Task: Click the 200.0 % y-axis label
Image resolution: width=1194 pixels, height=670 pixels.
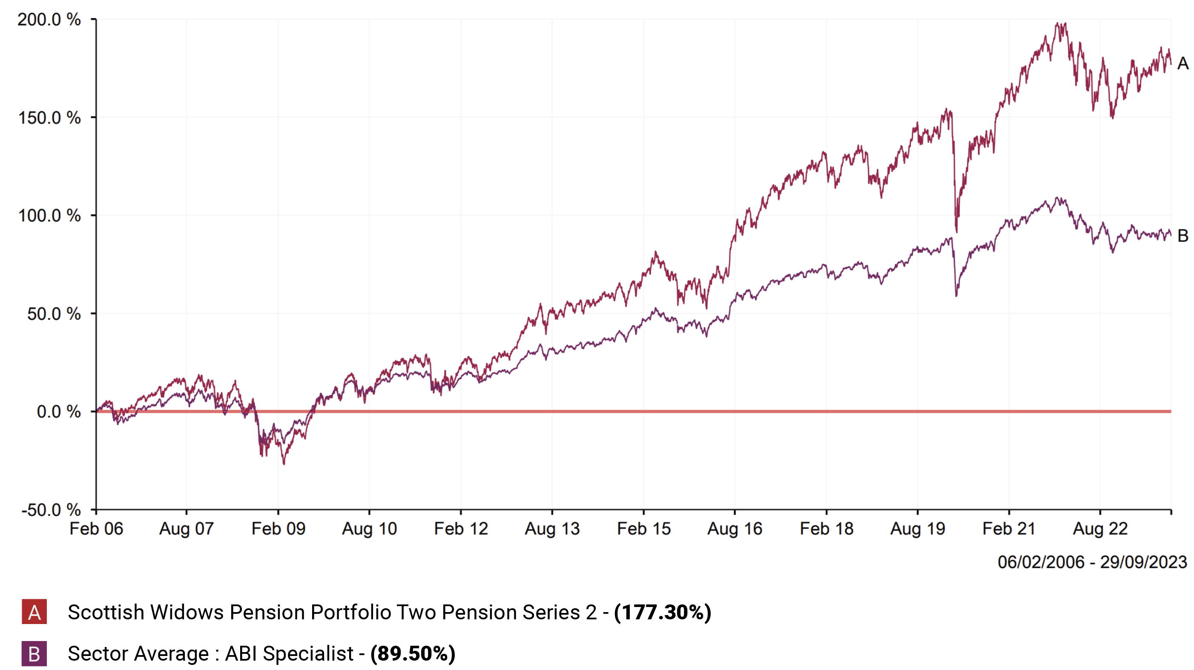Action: (49, 20)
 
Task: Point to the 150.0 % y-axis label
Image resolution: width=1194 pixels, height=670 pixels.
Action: (49, 117)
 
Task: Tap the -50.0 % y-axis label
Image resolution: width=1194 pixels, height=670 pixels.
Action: (51, 510)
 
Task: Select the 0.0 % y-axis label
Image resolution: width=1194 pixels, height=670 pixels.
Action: (58, 412)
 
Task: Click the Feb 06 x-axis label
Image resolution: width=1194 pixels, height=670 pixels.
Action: (96, 529)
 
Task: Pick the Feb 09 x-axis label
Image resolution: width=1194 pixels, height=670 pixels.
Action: (278, 529)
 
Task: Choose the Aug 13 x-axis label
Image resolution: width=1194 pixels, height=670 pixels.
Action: (552, 529)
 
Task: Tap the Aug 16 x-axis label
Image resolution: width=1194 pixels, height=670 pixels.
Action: (735, 529)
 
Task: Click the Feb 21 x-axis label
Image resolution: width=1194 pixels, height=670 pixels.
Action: (1009, 529)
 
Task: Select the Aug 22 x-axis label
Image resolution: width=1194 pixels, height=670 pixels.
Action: (1100, 529)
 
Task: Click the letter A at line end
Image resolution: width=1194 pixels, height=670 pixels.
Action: (1183, 63)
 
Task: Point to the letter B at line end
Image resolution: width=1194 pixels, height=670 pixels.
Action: (1183, 236)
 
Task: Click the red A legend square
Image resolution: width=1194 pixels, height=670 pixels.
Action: (34, 612)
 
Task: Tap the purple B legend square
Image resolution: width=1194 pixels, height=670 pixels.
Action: (34, 654)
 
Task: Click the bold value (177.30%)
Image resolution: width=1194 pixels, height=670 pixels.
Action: (662, 612)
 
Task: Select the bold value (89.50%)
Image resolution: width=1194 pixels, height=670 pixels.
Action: (413, 654)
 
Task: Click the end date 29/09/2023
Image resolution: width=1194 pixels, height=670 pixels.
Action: (1143, 562)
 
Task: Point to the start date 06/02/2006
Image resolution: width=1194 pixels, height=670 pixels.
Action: (1041, 562)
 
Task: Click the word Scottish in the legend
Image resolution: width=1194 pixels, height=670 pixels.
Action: (106, 612)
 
